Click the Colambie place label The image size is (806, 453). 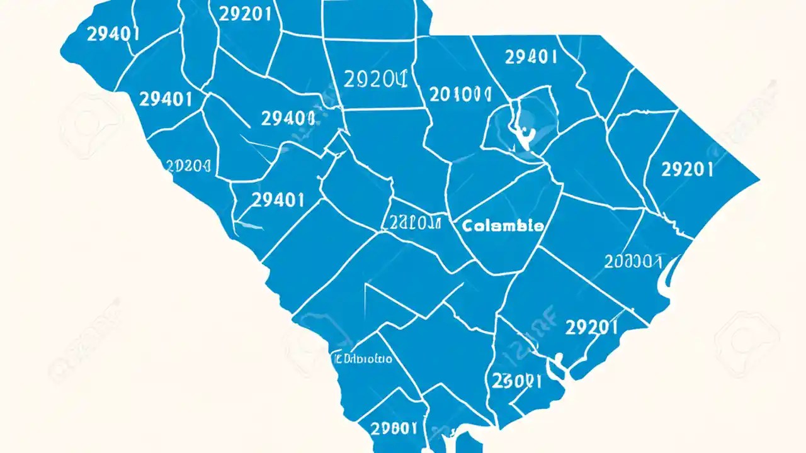pyautogui.click(x=502, y=226)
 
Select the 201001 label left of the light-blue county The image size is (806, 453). pyautogui.click(x=460, y=94)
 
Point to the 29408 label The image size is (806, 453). pyautogui.click(x=287, y=118)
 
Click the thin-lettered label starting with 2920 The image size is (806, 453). pyautogui.click(x=376, y=79)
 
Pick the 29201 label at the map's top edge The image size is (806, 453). pyautogui.click(x=245, y=14)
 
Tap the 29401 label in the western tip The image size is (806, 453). pyautogui.click(x=113, y=34)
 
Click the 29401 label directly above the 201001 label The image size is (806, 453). pyautogui.click(x=531, y=57)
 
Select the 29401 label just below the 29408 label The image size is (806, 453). pyautogui.click(x=278, y=200)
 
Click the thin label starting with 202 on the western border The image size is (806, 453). pyautogui.click(x=188, y=165)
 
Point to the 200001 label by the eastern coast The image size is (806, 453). pyautogui.click(x=633, y=261)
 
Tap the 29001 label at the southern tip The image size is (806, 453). pyautogui.click(x=394, y=428)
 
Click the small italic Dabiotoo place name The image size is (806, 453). pyautogui.click(x=362, y=359)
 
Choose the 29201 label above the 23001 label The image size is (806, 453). pyautogui.click(x=591, y=327)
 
